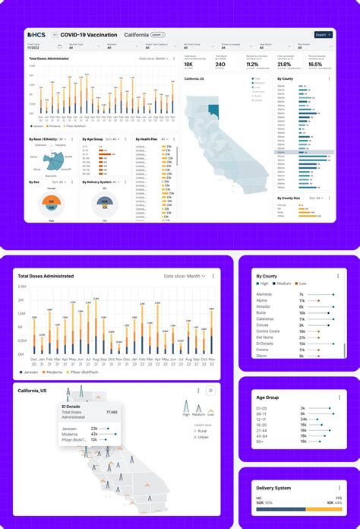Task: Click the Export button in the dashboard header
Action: (323, 35)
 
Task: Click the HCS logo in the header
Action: (36, 35)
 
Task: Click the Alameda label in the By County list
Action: (265, 294)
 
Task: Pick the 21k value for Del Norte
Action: (302, 337)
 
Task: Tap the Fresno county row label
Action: (264, 349)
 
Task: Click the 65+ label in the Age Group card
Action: (261, 448)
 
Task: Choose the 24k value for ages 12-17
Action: (304, 419)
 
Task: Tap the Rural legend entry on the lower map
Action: (201, 431)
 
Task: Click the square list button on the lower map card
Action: (210, 391)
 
